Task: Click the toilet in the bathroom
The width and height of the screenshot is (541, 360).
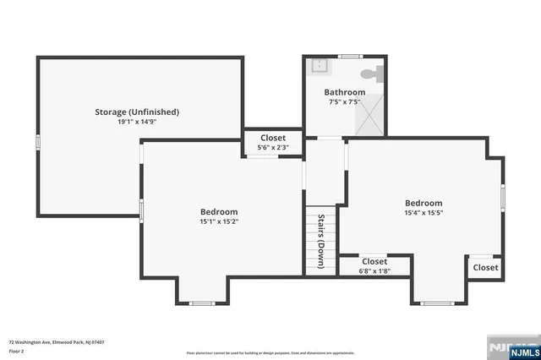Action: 373,73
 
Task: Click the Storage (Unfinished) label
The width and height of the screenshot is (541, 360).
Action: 136,112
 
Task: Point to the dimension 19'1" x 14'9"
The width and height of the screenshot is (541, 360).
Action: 136,122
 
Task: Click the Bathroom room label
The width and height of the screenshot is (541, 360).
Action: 344,92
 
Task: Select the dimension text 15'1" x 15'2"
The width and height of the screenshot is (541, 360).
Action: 219,222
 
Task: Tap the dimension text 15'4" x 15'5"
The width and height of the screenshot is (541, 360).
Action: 423,214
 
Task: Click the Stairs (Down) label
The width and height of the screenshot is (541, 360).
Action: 322,240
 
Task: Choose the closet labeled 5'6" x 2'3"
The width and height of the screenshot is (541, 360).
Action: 272,142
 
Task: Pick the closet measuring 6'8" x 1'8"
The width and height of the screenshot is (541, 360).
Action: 374,266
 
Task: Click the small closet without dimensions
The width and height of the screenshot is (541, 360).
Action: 485,267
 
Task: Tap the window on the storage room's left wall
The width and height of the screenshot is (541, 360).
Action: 37,143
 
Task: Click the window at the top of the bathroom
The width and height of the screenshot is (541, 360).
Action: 347,57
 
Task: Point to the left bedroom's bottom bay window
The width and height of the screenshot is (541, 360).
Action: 201,303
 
